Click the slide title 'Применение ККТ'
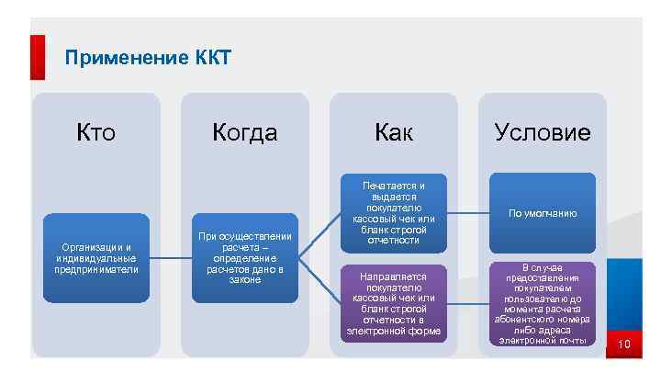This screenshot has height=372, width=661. click(148, 60)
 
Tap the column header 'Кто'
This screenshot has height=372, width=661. click(96, 133)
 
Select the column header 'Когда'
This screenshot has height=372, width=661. click(244, 133)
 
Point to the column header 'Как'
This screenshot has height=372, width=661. click(394, 133)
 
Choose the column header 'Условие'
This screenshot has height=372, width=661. click(542, 133)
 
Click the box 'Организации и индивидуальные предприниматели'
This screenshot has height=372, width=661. click(96, 258)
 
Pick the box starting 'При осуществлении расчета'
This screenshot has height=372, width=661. click(244, 258)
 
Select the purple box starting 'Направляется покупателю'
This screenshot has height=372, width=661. click(394, 303)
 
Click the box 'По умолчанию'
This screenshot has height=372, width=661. click(542, 213)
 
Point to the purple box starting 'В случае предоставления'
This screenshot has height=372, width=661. click(542, 303)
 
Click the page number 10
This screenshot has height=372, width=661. click(624, 345)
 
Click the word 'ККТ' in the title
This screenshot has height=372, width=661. click(213, 60)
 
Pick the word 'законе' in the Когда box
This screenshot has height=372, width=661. click(244, 280)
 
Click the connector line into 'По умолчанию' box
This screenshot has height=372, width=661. click(468, 213)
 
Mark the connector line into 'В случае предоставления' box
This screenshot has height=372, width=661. click(468, 303)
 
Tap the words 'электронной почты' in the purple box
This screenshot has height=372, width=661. click(542, 341)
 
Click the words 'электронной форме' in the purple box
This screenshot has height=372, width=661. click(394, 331)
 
